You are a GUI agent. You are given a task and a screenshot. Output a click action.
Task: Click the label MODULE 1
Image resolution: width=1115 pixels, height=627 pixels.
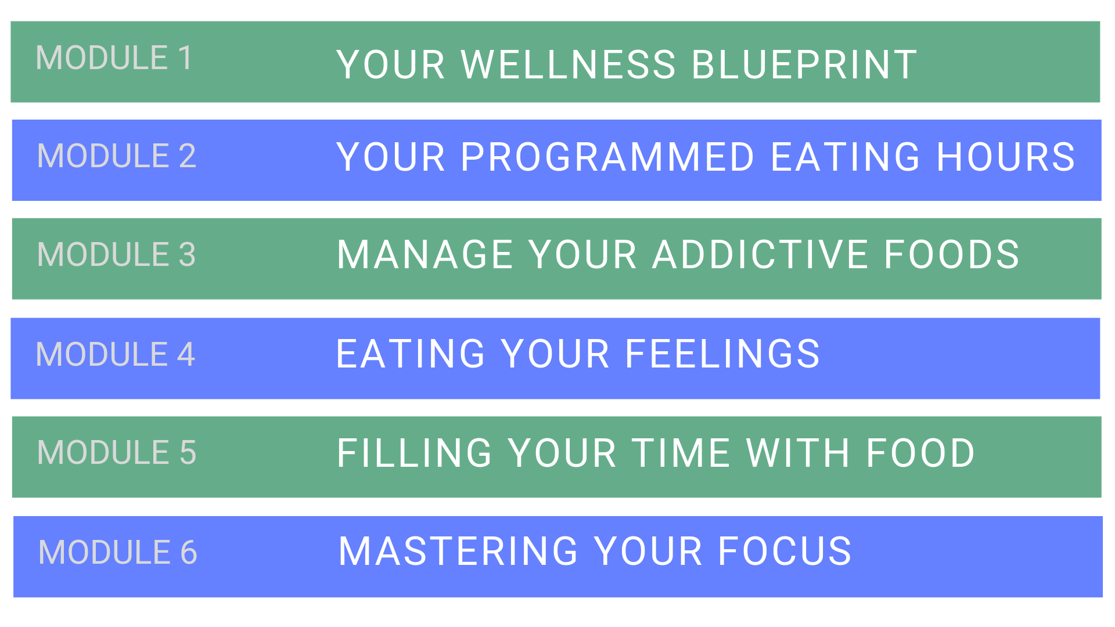114,58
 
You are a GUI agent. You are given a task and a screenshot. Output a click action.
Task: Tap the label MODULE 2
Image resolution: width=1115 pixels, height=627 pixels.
117,156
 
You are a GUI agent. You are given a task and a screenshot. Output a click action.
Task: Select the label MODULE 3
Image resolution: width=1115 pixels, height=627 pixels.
117,254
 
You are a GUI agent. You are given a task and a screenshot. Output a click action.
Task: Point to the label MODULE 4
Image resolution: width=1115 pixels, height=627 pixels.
116,354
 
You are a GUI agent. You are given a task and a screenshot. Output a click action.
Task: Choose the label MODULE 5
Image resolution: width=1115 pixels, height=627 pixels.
117,452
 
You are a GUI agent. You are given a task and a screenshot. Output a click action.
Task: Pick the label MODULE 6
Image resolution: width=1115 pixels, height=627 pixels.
118,552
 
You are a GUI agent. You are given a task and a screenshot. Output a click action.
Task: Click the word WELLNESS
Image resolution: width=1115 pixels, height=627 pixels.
569,64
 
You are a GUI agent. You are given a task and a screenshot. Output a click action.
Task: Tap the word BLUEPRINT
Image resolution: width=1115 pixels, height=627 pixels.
804,64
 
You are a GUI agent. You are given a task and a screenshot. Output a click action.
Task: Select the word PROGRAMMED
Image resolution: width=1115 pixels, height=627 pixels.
607,157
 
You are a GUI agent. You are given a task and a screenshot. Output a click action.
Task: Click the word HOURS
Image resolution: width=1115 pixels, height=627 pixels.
1006,157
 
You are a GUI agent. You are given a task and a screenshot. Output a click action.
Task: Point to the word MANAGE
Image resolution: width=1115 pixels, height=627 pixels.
425,254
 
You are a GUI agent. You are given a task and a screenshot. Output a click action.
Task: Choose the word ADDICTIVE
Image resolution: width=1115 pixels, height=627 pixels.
761,254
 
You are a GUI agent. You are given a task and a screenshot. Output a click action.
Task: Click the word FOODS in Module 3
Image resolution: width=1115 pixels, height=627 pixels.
952,254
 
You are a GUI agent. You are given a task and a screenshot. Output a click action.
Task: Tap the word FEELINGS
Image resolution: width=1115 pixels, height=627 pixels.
722,354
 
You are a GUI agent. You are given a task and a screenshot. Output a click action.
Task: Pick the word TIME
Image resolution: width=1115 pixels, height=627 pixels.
681,453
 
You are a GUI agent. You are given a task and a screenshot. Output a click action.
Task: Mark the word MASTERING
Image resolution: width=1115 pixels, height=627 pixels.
458,551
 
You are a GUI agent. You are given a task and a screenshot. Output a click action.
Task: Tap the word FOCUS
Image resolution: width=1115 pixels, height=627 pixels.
785,551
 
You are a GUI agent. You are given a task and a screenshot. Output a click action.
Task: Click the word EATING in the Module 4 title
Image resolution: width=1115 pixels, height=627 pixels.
411,354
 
